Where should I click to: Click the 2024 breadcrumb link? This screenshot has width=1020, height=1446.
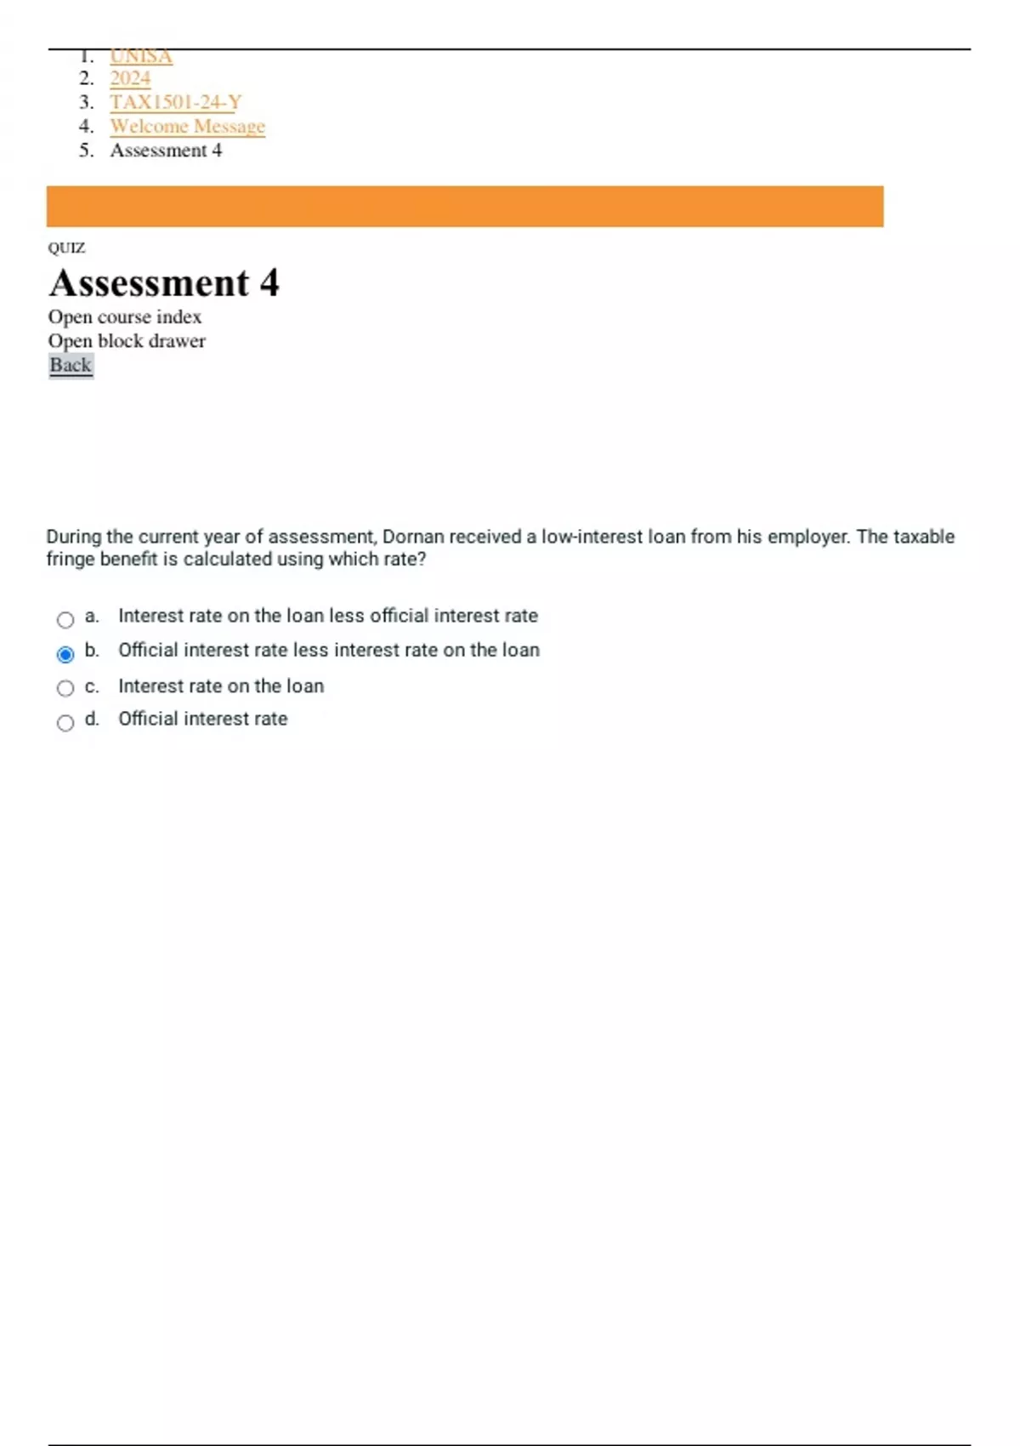click(130, 78)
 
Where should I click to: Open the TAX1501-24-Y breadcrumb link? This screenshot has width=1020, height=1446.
click(175, 102)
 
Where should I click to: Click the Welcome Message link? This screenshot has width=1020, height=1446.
click(187, 126)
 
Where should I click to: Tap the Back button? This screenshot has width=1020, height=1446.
click(71, 365)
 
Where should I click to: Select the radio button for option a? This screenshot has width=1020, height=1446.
click(65, 620)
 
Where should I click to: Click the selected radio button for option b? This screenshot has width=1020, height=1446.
click(65, 654)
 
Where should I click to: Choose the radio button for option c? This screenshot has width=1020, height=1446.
click(65, 688)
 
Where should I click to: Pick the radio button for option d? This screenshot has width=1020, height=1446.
click(65, 723)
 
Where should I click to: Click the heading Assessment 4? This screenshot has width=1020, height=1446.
click(164, 283)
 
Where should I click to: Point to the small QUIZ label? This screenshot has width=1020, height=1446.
click(66, 248)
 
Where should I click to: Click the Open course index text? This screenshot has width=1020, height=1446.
click(125, 316)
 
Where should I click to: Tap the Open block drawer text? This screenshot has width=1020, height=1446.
click(127, 341)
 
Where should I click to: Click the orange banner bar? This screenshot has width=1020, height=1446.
click(465, 206)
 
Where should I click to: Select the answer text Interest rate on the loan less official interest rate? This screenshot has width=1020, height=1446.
click(328, 615)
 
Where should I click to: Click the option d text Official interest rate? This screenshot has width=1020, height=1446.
click(203, 719)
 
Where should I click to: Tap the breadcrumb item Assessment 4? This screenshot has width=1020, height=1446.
click(166, 151)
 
